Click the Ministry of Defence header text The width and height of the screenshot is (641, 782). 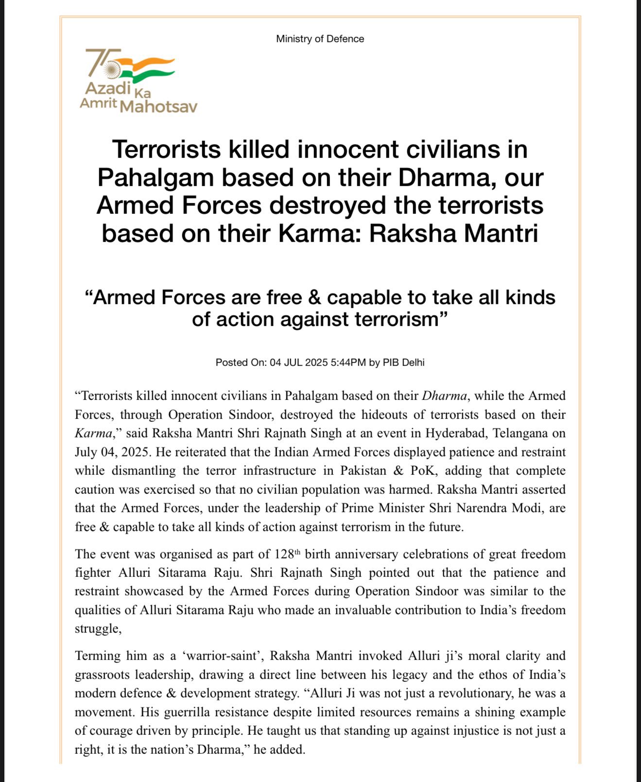pos(320,39)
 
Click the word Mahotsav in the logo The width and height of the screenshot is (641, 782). pos(158,106)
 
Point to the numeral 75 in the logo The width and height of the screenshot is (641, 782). pos(102,62)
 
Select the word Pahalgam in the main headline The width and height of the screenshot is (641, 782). pos(156,177)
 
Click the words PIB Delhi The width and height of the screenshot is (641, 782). pos(403,363)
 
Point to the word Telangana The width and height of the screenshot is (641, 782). pos(519,433)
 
